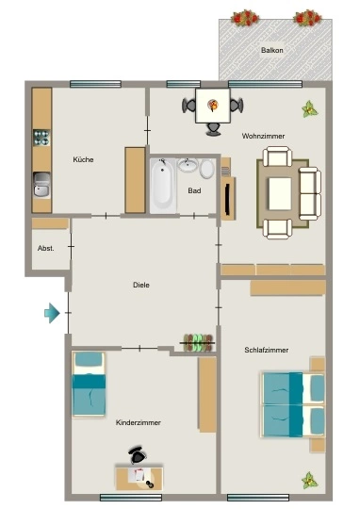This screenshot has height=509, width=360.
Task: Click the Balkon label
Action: [x=272, y=50]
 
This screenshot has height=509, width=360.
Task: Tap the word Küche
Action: [x=84, y=159]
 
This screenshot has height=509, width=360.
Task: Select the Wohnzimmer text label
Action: [x=263, y=136]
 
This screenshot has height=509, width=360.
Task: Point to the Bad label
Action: [x=194, y=190]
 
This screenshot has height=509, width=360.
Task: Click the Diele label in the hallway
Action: [x=141, y=285]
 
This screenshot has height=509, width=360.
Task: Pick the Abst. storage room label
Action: [x=46, y=248]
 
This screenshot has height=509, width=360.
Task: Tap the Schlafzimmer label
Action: [x=267, y=350]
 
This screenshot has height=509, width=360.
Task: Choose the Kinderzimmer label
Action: [x=139, y=422]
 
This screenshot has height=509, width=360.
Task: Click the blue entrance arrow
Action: [x=52, y=313]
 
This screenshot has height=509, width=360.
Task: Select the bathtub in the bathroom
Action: [x=163, y=186]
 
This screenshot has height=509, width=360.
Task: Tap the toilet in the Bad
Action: [x=206, y=169]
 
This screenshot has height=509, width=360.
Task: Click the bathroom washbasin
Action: [x=188, y=165]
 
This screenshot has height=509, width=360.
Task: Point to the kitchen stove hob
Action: [x=41, y=138]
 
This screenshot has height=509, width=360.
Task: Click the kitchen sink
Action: [x=41, y=185]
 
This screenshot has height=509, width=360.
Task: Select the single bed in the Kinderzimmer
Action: [x=89, y=384]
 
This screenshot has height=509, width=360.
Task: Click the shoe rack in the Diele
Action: [x=199, y=342]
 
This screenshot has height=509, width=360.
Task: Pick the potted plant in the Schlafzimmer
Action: [x=310, y=480]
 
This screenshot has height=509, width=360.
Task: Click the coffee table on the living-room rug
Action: [x=280, y=194]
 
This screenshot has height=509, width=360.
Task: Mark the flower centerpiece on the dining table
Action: [x=213, y=106]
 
